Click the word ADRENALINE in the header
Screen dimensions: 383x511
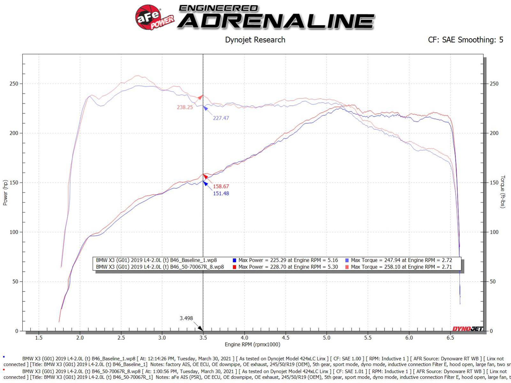point(277,21)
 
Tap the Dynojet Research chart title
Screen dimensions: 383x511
point(255,40)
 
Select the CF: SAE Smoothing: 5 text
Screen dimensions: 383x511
point(465,40)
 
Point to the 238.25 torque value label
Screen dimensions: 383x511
point(185,107)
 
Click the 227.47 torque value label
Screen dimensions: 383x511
point(221,118)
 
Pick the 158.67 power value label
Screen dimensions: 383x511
point(221,186)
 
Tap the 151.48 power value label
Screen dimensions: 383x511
point(221,194)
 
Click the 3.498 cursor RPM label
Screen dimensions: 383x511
point(186,318)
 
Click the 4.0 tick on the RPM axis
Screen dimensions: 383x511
point(244,338)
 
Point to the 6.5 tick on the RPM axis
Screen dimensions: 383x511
point(450,338)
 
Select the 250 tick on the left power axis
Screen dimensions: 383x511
point(14,84)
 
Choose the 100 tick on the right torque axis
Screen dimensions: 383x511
point(494,232)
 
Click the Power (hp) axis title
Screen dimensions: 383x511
point(5,193)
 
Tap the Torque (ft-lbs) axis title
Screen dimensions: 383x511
point(503,192)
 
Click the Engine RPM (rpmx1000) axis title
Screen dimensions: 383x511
point(252,345)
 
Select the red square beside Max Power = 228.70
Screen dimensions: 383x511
point(234,267)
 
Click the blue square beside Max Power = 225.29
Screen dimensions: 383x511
point(234,260)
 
